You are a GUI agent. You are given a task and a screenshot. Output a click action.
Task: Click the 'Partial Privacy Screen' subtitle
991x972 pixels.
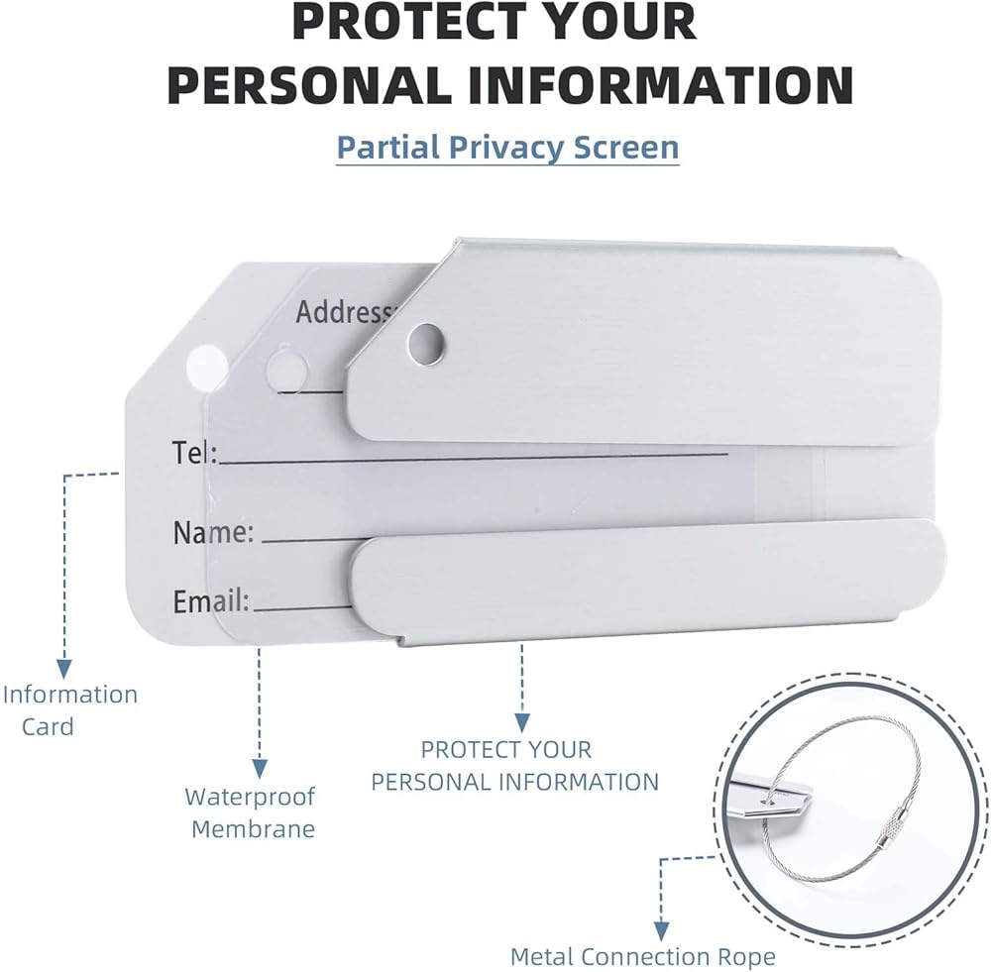[507, 147]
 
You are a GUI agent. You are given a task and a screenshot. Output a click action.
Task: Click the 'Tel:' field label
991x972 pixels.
[194, 453]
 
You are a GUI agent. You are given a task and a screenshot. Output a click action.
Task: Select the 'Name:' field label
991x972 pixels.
[213, 532]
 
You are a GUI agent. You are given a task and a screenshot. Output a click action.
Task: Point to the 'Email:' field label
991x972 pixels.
[211, 600]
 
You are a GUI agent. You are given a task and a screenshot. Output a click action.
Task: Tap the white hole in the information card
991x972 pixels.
[208, 364]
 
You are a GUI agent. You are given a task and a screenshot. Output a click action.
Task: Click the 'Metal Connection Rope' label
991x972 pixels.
[642, 956]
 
